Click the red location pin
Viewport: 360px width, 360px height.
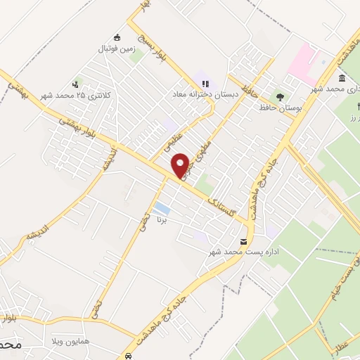coord(181,165)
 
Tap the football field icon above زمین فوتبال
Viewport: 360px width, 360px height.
coord(117,38)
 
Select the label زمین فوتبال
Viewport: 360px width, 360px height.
coord(117,50)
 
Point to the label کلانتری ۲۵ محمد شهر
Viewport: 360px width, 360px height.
coord(77,95)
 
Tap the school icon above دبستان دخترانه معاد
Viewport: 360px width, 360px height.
coord(205,83)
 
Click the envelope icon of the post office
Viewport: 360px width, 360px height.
coord(244,241)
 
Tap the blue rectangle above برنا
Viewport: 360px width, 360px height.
coord(162,208)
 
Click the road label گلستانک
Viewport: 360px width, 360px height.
coord(226,208)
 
